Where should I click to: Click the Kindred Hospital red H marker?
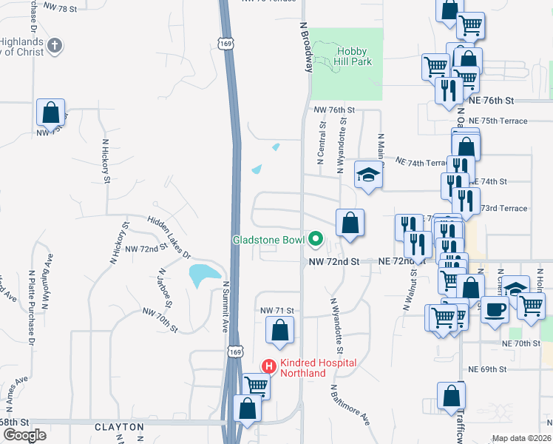coord(270,366)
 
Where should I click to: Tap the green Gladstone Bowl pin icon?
coord(316,239)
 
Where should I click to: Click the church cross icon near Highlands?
coord(54,46)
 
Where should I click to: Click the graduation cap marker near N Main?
coord(367,175)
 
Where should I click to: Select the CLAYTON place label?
coord(119,427)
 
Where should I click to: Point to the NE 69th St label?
coord(487,369)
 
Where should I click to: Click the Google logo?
coord(24,435)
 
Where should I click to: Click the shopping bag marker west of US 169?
coord(50,112)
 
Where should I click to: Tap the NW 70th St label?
coord(162,320)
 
